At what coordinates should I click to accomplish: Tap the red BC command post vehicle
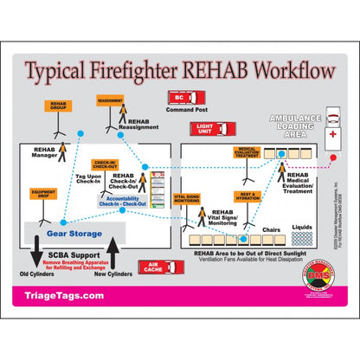tap(180, 98)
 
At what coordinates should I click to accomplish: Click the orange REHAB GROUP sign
tap(57, 106)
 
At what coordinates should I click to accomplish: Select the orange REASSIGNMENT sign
tap(110, 101)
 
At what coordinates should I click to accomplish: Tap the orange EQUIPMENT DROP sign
tap(40, 195)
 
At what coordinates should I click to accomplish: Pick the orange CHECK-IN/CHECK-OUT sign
tap(105, 164)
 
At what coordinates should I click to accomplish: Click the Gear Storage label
tap(74, 234)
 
